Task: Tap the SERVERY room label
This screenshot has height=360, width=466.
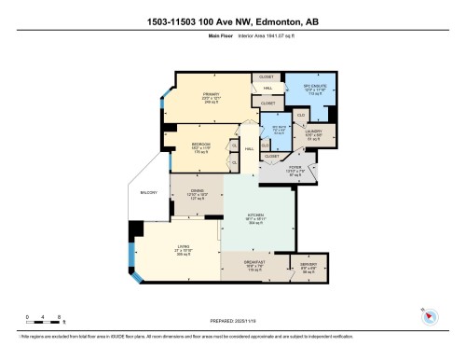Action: pyautogui.click(x=308, y=267)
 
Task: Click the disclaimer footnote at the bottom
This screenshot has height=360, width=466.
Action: pyautogui.click(x=233, y=337)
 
